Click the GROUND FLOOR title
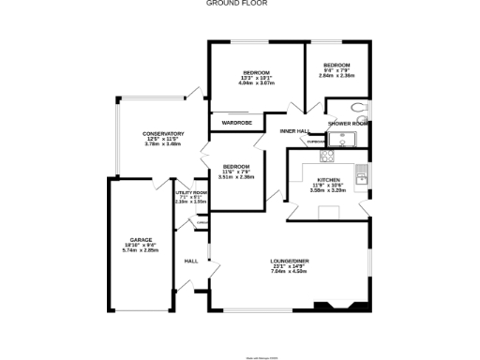coord(239,4)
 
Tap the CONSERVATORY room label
coord(163,133)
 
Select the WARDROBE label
coord(236,123)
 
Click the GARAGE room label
coord(142,240)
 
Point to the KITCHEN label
coord(328,179)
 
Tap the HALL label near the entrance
coord(190,261)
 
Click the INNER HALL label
coord(294,131)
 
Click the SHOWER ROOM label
coord(347,123)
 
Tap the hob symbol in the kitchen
coord(328,157)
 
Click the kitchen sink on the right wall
coord(369,174)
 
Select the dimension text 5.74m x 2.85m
coord(142,251)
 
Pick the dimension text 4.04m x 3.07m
coord(256,83)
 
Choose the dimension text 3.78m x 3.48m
coord(163,144)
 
